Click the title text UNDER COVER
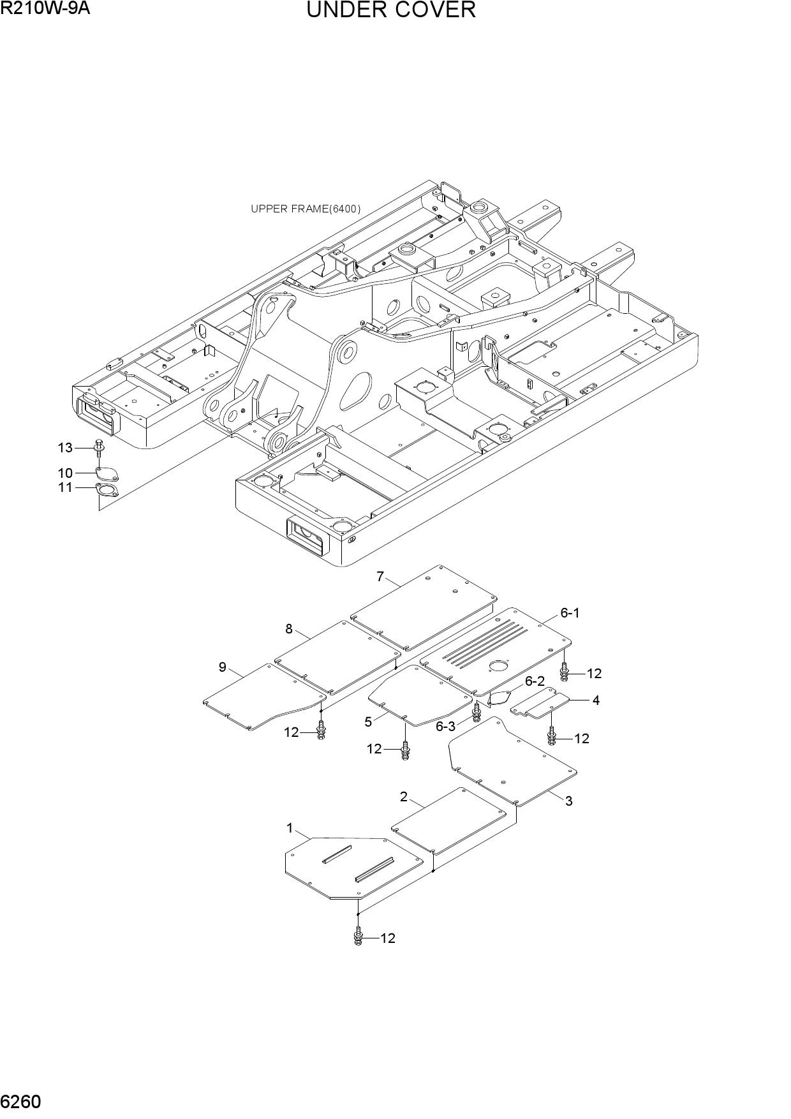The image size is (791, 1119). pos(391,10)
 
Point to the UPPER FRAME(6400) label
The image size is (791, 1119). pos(306,209)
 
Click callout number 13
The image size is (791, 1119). pos(65,448)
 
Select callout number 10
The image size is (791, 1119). pos(65,473)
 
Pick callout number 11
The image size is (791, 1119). pos(65,489)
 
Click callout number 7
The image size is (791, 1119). pos(380,577)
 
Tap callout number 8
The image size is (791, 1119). pos(289,629)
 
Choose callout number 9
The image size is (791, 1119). pos(223,667)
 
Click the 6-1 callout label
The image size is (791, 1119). pos(570,613)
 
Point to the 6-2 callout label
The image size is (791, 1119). pos(535,681)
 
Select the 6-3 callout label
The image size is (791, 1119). pos(446,727)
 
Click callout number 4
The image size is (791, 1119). pos(596,700)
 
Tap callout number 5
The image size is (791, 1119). pos(368,722)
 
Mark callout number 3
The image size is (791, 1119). pos(569,801)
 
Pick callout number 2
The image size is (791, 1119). pos(404,797)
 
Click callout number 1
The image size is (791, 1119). pos(290,829)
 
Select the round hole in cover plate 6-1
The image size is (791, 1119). pos(497,667)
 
